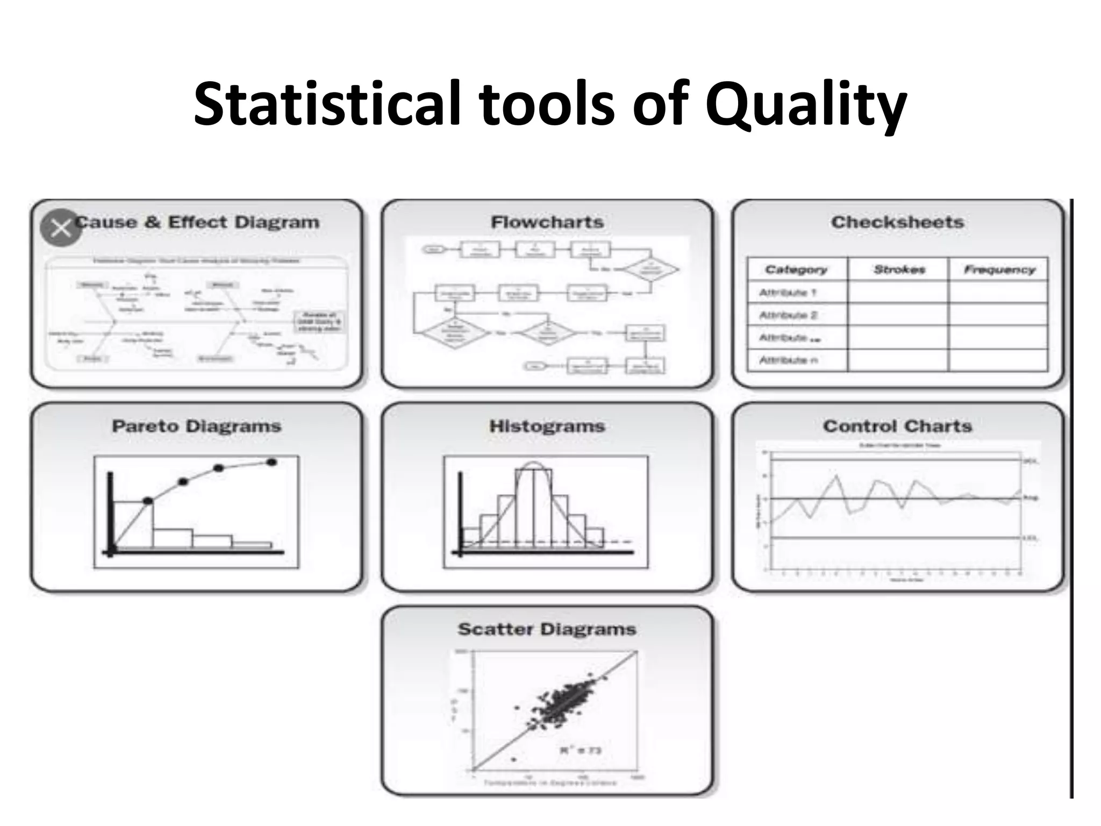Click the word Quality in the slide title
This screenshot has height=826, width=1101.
[x=806, y=105]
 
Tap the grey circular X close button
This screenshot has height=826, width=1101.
[x=61, y=228]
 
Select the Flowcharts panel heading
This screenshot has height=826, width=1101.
[x=547, y=222]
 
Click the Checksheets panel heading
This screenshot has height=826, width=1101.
[x=897, y=222]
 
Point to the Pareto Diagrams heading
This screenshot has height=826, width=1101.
[x=197, y=426]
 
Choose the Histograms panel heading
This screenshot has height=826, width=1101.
[x=547, y=426]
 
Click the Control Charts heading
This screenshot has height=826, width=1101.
[x=897, y=426]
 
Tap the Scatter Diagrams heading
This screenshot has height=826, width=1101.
[x=547, y=629]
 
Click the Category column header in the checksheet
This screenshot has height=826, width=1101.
[x=796, y=269]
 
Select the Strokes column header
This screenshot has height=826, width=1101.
[x=899, y=269]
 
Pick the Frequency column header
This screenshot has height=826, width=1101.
[x=999, y=269]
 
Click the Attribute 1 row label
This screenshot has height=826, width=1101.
[x=788, y=293]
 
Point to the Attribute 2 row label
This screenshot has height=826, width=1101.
[x=788, y=315]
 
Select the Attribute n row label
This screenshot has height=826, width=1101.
[x=788, y=360]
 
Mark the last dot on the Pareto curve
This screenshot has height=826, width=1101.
[x=271, y=462]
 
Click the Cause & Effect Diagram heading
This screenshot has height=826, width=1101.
[x=197, y=222]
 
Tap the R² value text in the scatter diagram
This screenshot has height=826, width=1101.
[x=580, y=750]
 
